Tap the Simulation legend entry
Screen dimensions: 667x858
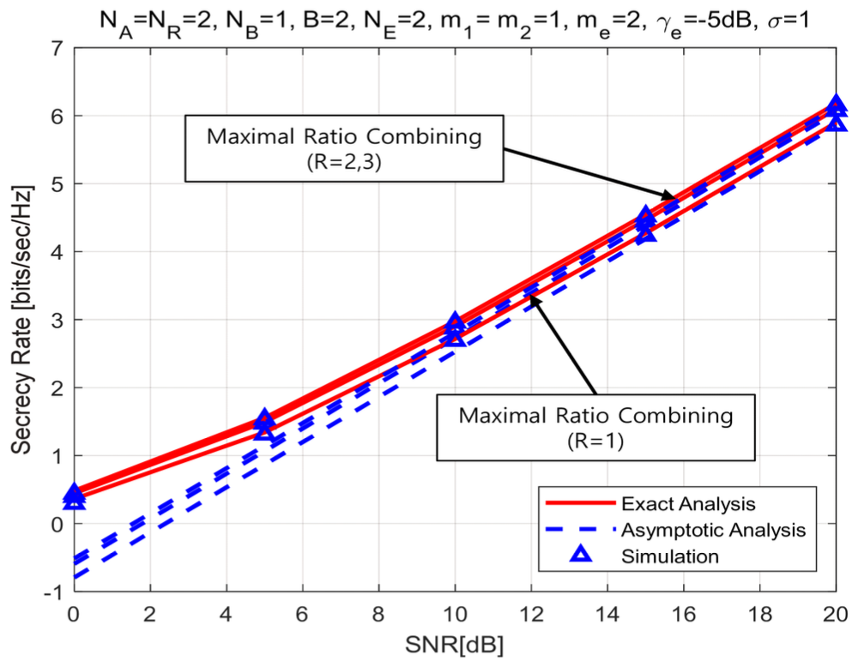pyautogui.click(x=669, y=556)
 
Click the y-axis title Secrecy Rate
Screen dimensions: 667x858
pyautogui.click(x=18, y=317)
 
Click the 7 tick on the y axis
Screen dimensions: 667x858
pyautogui.click(x=56, y=48)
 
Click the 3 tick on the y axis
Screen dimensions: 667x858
pyautogui.click(x=56, y=320)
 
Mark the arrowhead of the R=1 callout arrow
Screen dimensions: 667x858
pyautogui.click(x=534, y=300)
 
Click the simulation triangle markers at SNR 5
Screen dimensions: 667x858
pyautogui.click(x=265, y=424)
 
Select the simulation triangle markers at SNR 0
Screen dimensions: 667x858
pyautogui.click(x=75, y=496)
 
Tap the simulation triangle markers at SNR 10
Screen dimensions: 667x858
pyautogui.click(x=455, y=329)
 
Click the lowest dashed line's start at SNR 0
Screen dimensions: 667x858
pyautogui.click(x=76, y=577)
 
